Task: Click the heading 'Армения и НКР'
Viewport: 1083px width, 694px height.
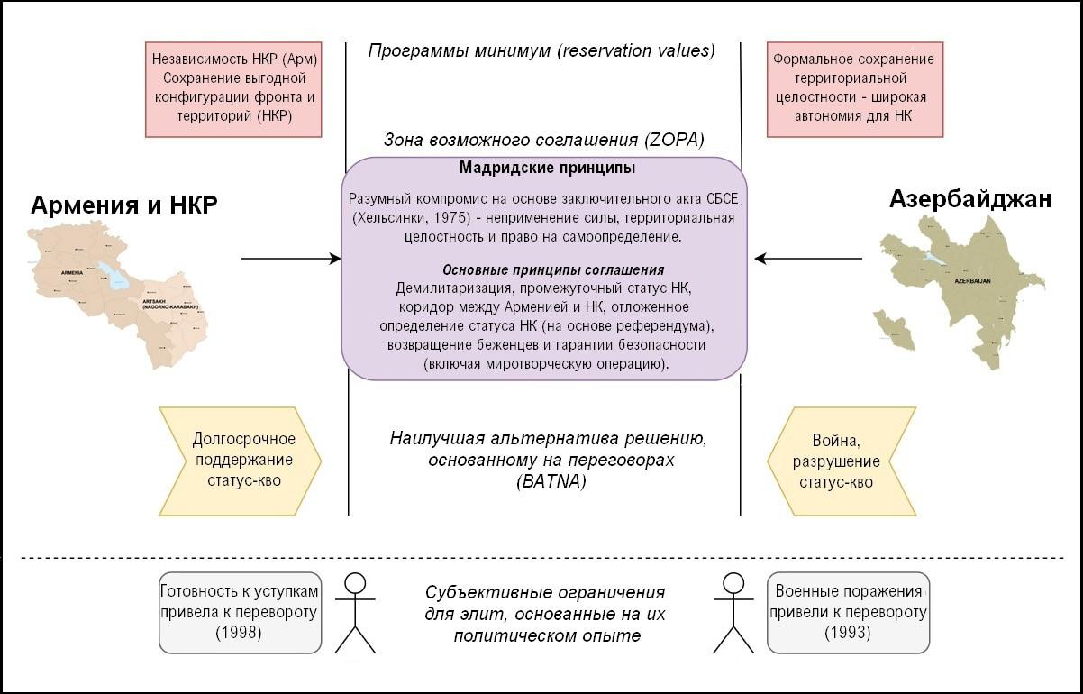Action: (x=124, y=205)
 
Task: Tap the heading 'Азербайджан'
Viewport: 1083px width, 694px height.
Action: (x=969, y=199)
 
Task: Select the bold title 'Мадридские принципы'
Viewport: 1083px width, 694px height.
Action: (x=547, y=168)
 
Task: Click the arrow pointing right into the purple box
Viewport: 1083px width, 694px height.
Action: (x=291, y=259)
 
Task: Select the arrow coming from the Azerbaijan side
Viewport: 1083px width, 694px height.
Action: (x=807, y=259)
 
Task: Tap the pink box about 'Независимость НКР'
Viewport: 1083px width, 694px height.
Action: (x=234, y=87)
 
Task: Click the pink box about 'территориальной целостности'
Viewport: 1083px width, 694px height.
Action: (x=853, y=87)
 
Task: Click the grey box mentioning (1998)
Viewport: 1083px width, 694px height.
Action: (x=239, y=612)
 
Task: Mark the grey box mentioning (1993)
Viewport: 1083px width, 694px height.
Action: (x=847, y=612)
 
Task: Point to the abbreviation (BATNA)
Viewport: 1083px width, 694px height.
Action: (x=551, y=481)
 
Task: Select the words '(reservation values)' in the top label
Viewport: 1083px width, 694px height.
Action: (x=635, y=50)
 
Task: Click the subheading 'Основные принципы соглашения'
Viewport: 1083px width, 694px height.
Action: (x=553, y=270)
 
